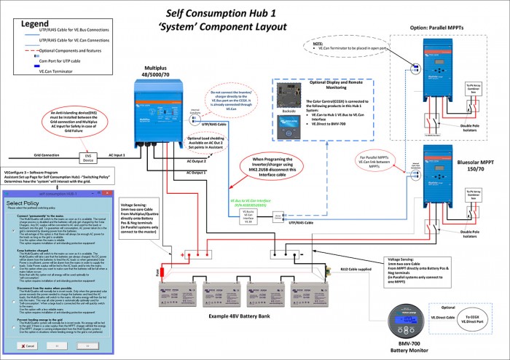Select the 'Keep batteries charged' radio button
click(9, 250)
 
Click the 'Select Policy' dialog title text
click(25, 203)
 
